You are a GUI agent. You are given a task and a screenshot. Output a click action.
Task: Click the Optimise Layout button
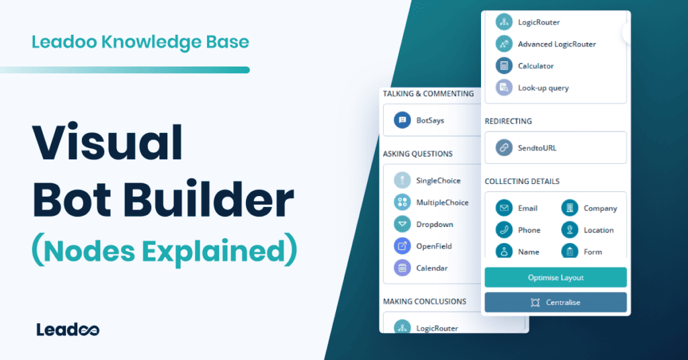pyautogui.click(x=555, y=277)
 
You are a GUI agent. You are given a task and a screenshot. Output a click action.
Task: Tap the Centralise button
pyautogui.click(x=555, y=302)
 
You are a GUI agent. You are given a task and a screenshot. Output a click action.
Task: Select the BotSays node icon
pyautogui.click(x=402, y=120)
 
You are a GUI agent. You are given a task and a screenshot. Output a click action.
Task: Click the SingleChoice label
pyautogui.click(x=438, y=181)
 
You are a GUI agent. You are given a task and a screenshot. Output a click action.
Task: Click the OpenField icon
pyautogui.click(x=402, y=246)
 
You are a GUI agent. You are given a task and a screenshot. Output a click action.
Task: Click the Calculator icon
pyautogui.click(x=504, y=66)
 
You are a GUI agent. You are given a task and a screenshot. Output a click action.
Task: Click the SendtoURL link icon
pyautogui.click(x=504, y=148)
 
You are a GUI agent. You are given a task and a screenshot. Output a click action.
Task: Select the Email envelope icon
pyautogui.click(x=504, y=208)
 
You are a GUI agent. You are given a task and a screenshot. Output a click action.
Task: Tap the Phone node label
pyautogui.click(x=529, y=230)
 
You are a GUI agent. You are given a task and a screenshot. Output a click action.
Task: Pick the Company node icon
pyautogui.click(x=570, y=208)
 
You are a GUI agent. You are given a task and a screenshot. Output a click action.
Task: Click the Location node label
pyautogui.click(x=598, y=230)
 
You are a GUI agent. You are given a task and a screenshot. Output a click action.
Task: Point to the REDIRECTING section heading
pyautogui.click(x=508, y=122)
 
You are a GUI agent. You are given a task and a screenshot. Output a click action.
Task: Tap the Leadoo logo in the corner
pyautogui.click(x=68, y=330)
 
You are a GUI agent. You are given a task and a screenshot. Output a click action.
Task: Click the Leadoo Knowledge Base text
pyautogui.click(x=140, y=43)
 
